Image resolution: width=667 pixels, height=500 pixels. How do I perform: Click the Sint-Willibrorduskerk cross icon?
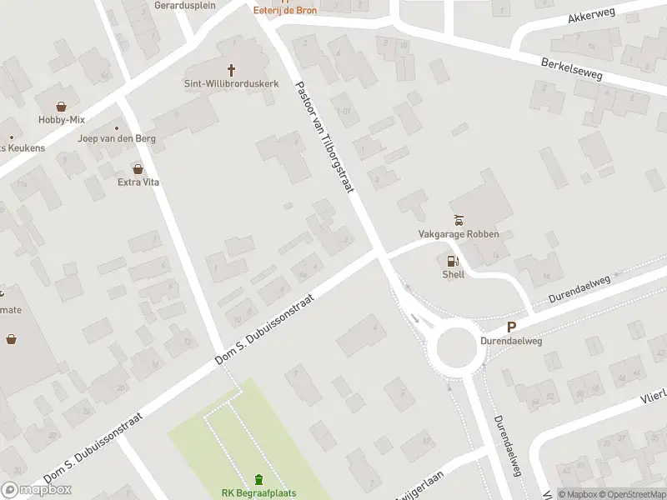click(231, 70)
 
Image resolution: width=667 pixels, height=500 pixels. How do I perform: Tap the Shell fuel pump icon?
click(453, 262)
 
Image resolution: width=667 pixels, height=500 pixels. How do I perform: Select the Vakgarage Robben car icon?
click(458, 221)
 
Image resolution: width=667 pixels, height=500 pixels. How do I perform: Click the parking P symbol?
click(512, 328)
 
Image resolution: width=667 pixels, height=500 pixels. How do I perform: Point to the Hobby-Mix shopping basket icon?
click(62, 107)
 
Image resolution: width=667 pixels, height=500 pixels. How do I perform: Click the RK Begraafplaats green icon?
click(258, 479)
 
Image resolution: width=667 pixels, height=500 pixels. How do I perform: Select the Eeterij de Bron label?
click(285, 10)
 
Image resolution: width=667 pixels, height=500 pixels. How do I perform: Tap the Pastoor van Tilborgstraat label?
click(325, 137)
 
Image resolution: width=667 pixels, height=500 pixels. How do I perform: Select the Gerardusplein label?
click(185, 5)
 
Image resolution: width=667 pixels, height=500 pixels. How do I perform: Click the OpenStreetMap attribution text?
click(631, 494)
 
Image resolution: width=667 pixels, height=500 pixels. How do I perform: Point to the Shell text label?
click(453, 274)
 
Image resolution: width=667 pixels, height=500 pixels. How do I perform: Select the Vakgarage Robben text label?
click(459, 234)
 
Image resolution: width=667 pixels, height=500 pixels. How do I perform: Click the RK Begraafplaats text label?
click(258, 493)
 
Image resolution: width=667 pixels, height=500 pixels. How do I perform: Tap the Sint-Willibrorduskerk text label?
click(231, 83)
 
